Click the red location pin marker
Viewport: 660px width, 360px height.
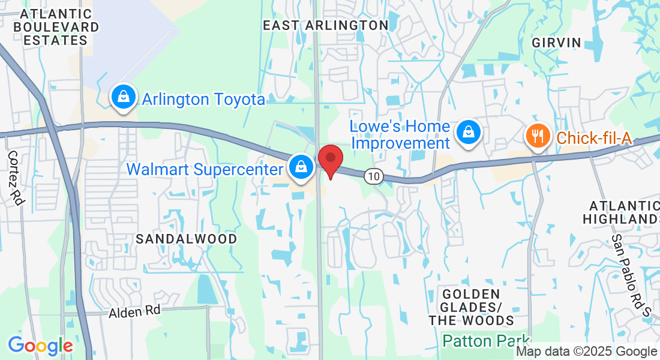[x=330, y=160]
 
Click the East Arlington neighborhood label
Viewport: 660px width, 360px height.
[x=326, y=25]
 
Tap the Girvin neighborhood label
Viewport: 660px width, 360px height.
[x=556, y=42]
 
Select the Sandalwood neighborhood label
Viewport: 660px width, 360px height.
[x=186, y=239]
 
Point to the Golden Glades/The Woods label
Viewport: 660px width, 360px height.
[x=472, y=307]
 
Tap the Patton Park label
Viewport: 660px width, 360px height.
[x=486, y=341]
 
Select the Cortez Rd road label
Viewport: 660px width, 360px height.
[x=16, y=178]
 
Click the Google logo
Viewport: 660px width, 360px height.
[x=40, y=346]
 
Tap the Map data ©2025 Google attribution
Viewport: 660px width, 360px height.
[x=587, y=352]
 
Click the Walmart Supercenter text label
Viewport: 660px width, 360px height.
[x=205, y=169]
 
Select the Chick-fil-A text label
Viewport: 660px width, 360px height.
[x=594, y=138]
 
